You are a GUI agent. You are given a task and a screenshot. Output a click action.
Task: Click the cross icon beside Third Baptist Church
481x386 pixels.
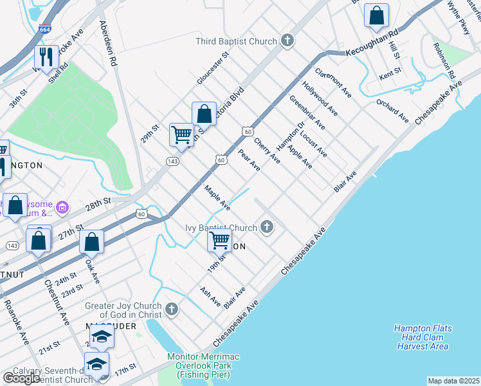point(287,41)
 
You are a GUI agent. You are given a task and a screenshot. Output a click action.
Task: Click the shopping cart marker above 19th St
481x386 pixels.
point(220,241)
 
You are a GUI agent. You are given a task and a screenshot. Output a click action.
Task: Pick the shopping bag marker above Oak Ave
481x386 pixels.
point(92,242)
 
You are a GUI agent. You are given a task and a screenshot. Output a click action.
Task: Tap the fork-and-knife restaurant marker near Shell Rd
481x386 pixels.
point(45,57)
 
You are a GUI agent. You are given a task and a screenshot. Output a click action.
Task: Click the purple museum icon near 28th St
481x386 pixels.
point(62,207)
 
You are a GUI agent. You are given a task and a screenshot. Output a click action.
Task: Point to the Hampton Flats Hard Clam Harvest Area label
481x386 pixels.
point(422,337)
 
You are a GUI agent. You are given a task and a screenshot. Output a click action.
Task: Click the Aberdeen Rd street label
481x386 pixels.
point(107,44)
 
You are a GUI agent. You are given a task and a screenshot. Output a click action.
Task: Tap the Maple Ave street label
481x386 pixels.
point(217,198)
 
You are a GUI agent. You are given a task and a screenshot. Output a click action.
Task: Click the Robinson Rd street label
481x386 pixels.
point(444,61)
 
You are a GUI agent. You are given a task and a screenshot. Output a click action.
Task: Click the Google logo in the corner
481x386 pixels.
point(21,378)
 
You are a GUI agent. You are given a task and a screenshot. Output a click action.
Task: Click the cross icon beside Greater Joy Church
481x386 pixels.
point(171,309)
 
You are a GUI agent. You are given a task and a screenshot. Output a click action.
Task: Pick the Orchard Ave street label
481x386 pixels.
point(392,110)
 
